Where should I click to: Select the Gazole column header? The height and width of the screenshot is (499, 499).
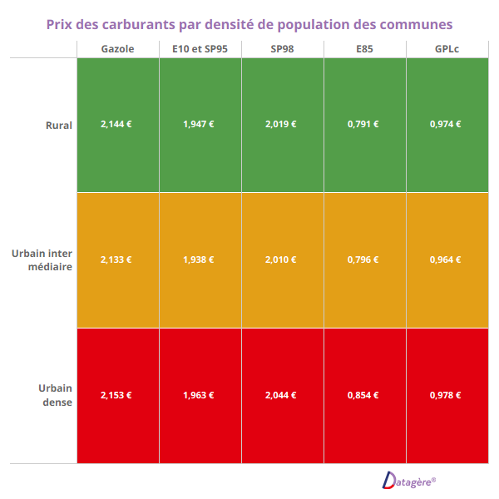117,49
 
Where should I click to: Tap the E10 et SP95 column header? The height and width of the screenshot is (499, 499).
200,49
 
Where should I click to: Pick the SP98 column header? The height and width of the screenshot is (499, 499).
282,49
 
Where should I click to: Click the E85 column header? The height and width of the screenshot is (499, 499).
364,49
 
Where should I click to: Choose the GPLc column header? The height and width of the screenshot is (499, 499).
447,49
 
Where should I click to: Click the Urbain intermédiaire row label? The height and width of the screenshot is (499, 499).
42,259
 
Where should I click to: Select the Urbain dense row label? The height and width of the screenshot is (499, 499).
55,395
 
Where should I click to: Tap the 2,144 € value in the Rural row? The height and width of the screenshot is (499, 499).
116,124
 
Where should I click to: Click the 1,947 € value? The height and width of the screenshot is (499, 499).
199,124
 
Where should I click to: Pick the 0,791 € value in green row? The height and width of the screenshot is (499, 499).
363,124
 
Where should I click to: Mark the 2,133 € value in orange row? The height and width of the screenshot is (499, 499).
116,259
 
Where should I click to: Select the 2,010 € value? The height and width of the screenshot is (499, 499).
281,259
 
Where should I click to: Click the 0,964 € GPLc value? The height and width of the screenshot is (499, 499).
446,259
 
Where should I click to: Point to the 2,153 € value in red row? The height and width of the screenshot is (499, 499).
116,395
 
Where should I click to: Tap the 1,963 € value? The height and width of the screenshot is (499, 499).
199,395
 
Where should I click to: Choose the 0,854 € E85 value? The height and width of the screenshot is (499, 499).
363,395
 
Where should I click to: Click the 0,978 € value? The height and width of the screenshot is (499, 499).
446,395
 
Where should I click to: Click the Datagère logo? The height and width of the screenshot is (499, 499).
409,480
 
